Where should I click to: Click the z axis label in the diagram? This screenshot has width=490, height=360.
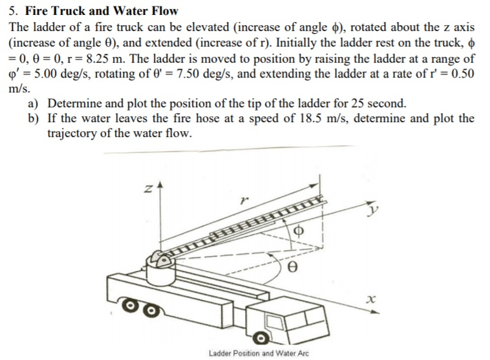click(148, 188)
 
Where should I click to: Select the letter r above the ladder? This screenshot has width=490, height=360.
click(243, 202)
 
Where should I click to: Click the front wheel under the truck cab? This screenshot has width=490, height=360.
click(261, 338)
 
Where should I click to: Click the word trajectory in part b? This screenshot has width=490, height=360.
click(72, 133)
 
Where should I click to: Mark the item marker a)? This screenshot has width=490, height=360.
click(32, 103)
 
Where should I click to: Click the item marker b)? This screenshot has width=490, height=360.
click(32, 118)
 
